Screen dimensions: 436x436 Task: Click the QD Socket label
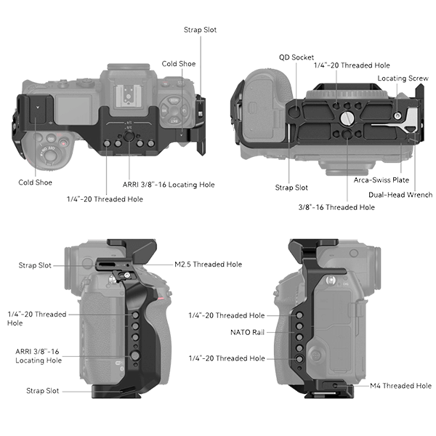coord(296,57)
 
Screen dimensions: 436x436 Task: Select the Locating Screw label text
coord(403,78)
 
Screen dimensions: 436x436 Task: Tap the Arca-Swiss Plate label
coord(381,180)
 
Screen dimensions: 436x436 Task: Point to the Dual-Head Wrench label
coord(400,195)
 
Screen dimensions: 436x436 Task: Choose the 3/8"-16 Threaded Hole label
coord(336,207)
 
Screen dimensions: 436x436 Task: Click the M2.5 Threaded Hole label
coord(209,265)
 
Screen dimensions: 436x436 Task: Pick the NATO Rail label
coord(248,332)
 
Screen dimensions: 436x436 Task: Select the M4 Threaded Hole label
coord(400,386)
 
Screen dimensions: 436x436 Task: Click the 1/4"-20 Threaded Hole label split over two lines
coord(37,319)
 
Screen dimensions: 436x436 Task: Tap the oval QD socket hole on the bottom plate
coord(295,111)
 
